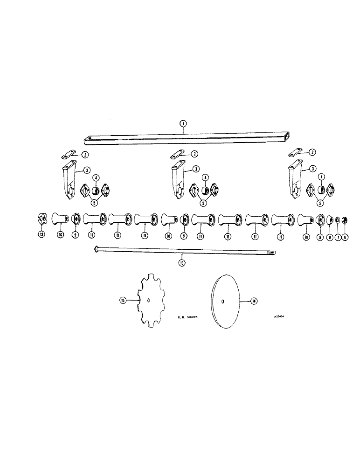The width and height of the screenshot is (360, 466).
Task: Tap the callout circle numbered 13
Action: [x=182, y=263]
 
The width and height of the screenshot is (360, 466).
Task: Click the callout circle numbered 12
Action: [x=42, y=234]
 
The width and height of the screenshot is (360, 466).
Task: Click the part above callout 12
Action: [x=42, y=219]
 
